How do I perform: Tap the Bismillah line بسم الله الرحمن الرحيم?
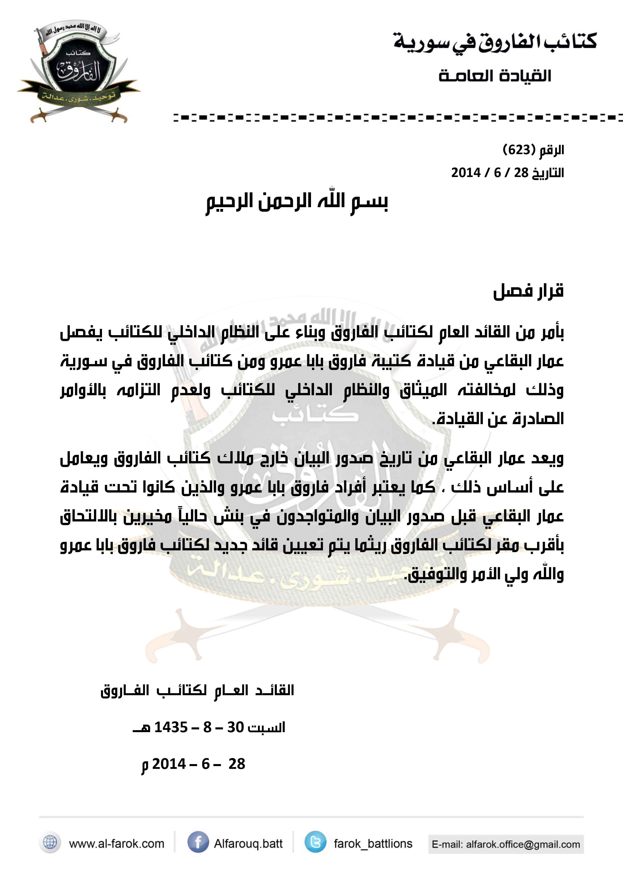pos(297,202)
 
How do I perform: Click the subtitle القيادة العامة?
pos(495,76)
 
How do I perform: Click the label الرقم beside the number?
pos(552,150)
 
